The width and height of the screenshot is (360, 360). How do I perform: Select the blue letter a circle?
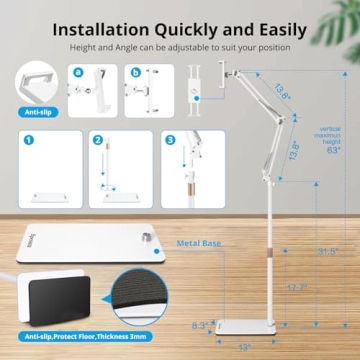pyautogui.click(x=77, y=72)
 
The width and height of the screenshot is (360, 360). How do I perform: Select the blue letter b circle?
pyautogui.click(x=136, y=72)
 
